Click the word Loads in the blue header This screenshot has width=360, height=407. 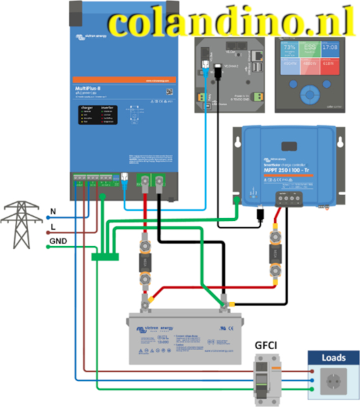click(334, 358)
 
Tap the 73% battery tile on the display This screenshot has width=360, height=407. click(290, 50)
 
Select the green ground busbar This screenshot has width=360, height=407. click(105, 257)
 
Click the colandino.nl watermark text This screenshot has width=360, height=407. click(231, 23)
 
